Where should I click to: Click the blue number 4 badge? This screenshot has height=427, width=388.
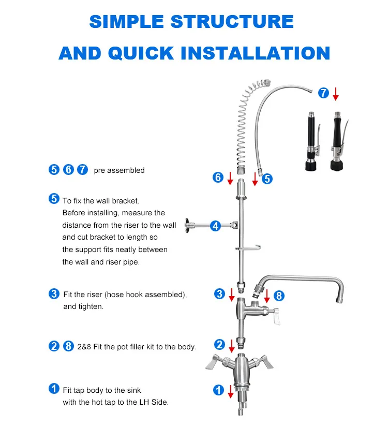pyautogui.click(x=216, y=226)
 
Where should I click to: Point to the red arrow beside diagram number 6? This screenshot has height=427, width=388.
pyautogui.click(x=230, y=179)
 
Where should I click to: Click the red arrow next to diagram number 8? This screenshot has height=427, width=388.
pyautogui.click(x=267, y=296)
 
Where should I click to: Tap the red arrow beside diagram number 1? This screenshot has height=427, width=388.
pyautogui.click(x=230, y=391)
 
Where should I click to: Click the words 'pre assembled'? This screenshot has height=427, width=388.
pyautogui.click(x=119, y=170)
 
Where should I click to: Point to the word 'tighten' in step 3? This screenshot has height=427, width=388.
pyautogui.click(x=91, y=306)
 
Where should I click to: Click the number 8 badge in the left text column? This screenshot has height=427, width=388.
pyautogui.click(x=68, y=347)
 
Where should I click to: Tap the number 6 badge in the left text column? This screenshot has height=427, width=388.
pyautogui.click(x=68, y=170)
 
